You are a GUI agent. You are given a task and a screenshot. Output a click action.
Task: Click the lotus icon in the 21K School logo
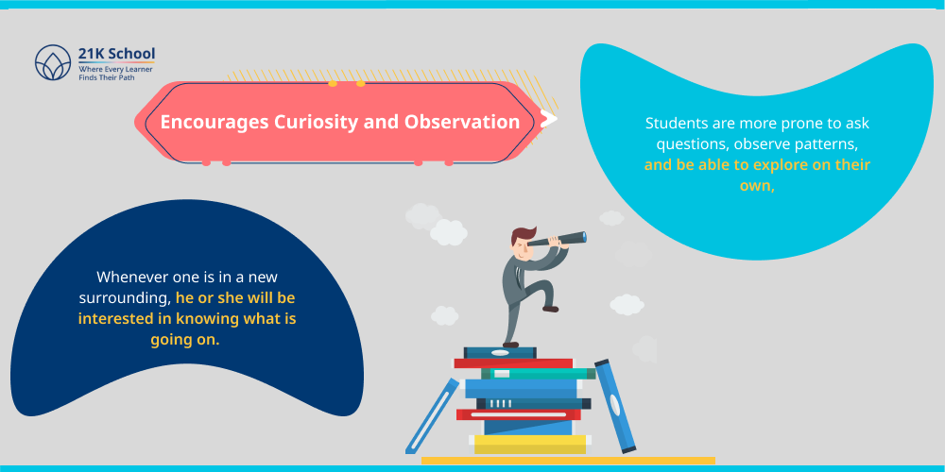click(x=53, y=63)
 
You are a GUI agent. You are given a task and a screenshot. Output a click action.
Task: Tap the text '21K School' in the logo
click(x=116, y=54)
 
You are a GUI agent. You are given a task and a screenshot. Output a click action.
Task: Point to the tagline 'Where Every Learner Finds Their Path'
click(x=115, y=74)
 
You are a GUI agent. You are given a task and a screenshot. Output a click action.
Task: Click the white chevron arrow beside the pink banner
click(x=548, y=120)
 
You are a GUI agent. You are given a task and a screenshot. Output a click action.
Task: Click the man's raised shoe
click(x=548, y=307)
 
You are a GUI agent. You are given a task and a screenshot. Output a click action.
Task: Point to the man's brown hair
click(x=521, y=232)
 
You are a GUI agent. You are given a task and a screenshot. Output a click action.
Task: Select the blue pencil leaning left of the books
click(x=431, y=414)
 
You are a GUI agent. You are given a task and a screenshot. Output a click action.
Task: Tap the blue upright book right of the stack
click(x=613, y=404)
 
